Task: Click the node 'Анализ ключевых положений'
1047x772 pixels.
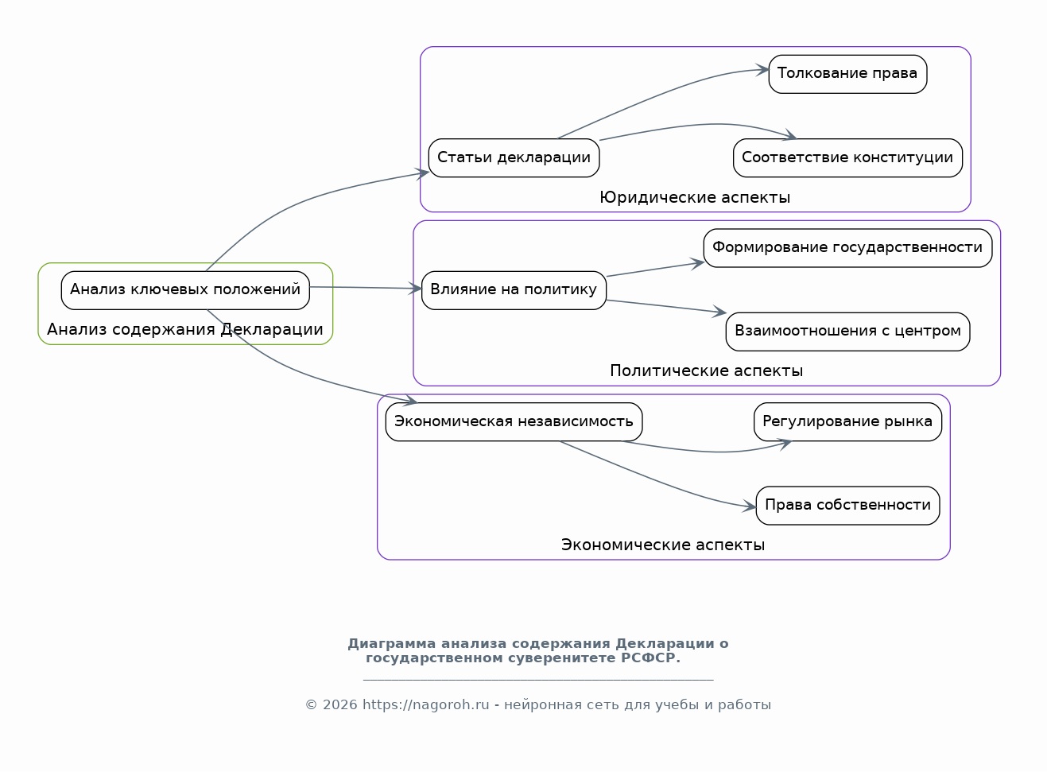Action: [x=185, y=291]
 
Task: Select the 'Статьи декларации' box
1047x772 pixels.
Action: [x=514, y=158]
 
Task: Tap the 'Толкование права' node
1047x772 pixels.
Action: [x=848, y=74]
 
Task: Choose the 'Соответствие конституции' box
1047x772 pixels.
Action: [x=848, y=158]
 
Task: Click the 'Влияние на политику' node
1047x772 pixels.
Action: [x=514, y=291]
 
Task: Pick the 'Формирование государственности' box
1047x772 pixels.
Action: [x=848, y=248]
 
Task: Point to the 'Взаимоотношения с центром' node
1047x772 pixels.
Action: [x=848, y=332]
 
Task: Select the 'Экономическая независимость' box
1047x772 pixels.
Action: [x=514, y=422]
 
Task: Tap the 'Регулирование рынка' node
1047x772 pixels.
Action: [x=848, y=422]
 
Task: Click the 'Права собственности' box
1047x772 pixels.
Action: [x=848, y=506]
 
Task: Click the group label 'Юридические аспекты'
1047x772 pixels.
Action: [x=695, y=198]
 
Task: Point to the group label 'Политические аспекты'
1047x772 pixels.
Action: [x=707, y=371]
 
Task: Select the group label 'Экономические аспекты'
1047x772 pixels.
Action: [x=663, y=545]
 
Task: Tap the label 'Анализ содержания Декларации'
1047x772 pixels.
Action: [x=185, y=329]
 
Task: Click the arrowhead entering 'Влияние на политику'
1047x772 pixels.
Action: [x=416, y=289]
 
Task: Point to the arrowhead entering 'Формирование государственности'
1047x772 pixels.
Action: [x=698, y=263]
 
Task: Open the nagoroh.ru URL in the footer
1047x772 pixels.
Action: [x=426, y=704]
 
